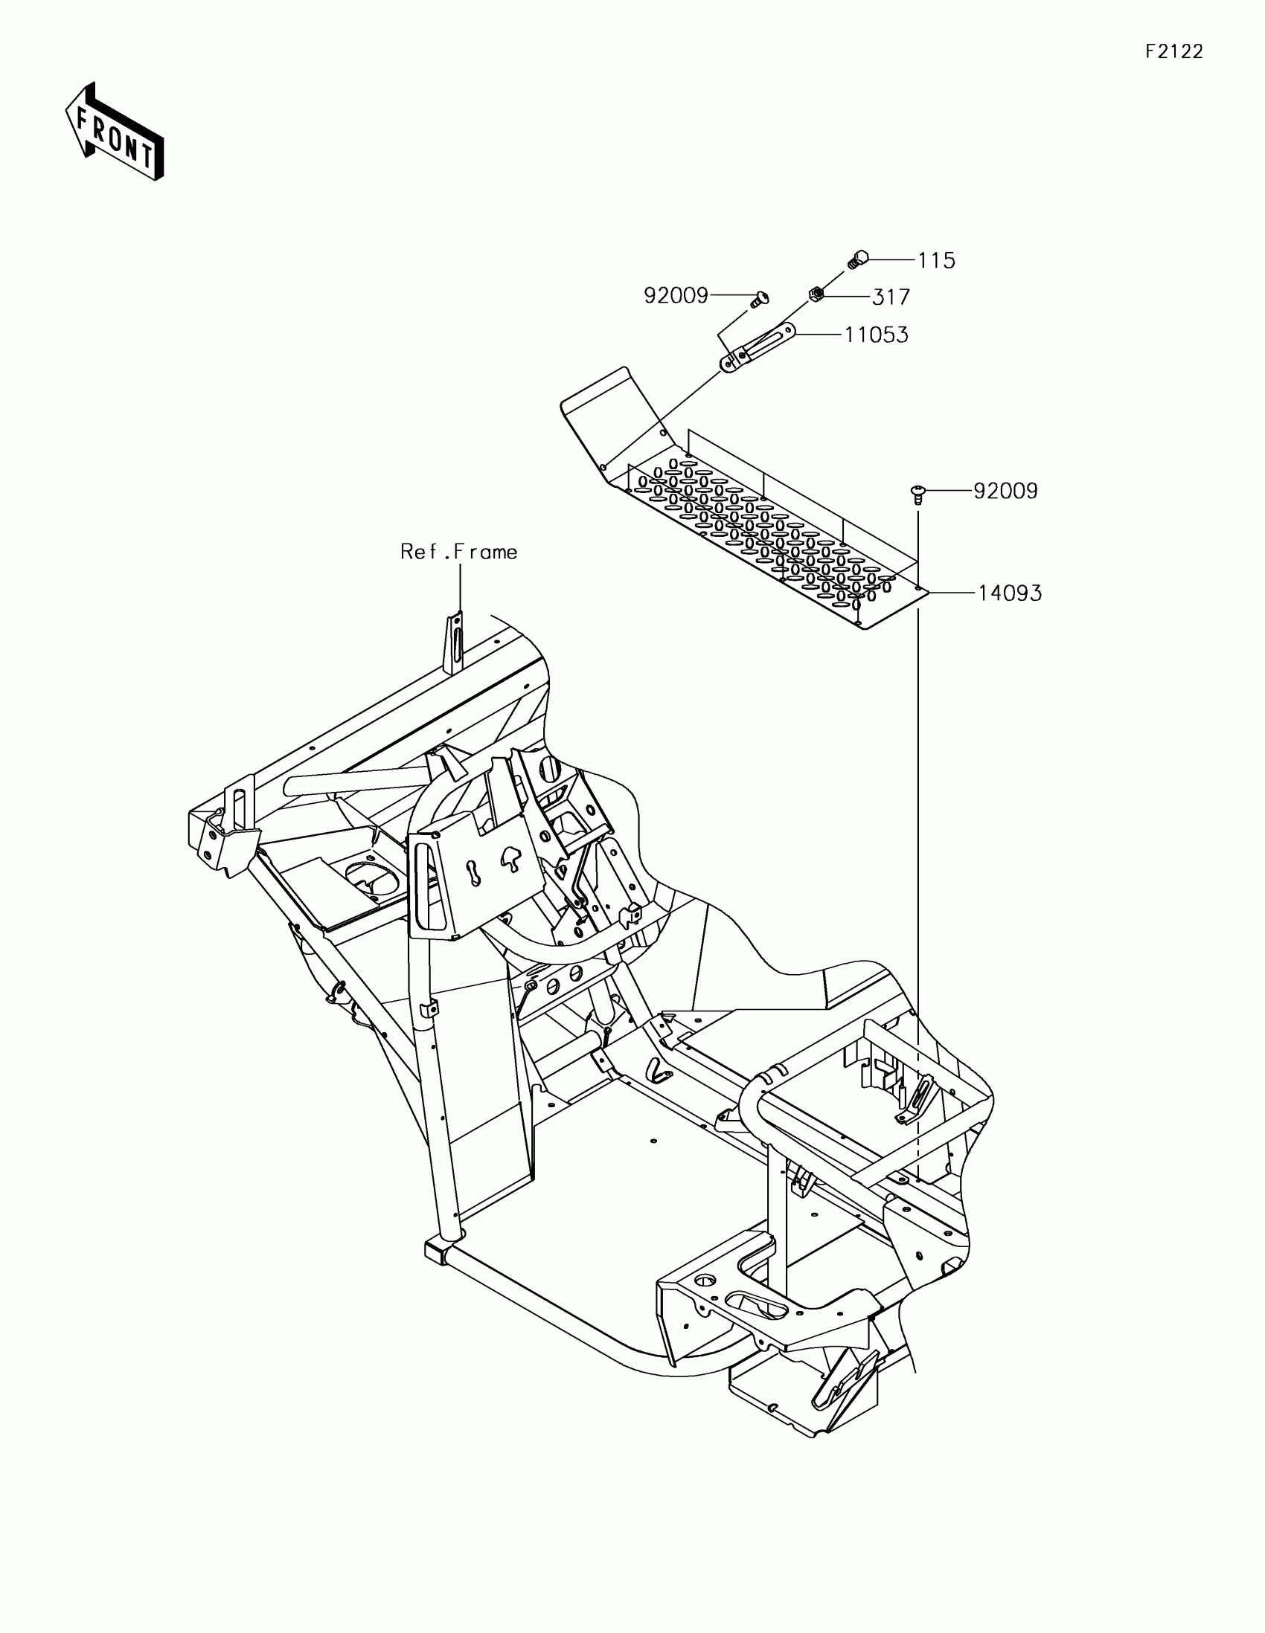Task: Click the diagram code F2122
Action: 1173,51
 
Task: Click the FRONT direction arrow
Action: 115,132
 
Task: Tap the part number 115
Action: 937,261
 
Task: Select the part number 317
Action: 891,297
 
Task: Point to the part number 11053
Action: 876,334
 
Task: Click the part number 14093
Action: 1010,593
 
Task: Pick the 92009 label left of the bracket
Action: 676,296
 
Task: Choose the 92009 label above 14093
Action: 1005,492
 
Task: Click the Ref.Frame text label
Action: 458,552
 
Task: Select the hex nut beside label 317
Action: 816,294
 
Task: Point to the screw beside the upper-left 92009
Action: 758,298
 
